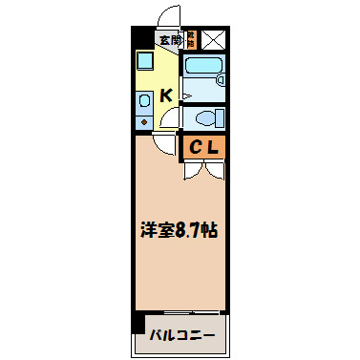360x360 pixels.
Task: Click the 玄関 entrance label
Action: tap(169, 40)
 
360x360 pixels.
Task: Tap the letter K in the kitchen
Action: tap(165, 95)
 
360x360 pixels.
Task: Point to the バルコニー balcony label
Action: tap(180, 335)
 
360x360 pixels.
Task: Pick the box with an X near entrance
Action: tap(213, 40)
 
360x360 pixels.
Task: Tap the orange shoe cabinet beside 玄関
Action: tap(191, 40)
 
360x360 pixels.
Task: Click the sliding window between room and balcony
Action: tap(180, 314)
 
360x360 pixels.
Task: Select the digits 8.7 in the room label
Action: tap(187, 230)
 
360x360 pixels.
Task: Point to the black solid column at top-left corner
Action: tap(138, 37)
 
